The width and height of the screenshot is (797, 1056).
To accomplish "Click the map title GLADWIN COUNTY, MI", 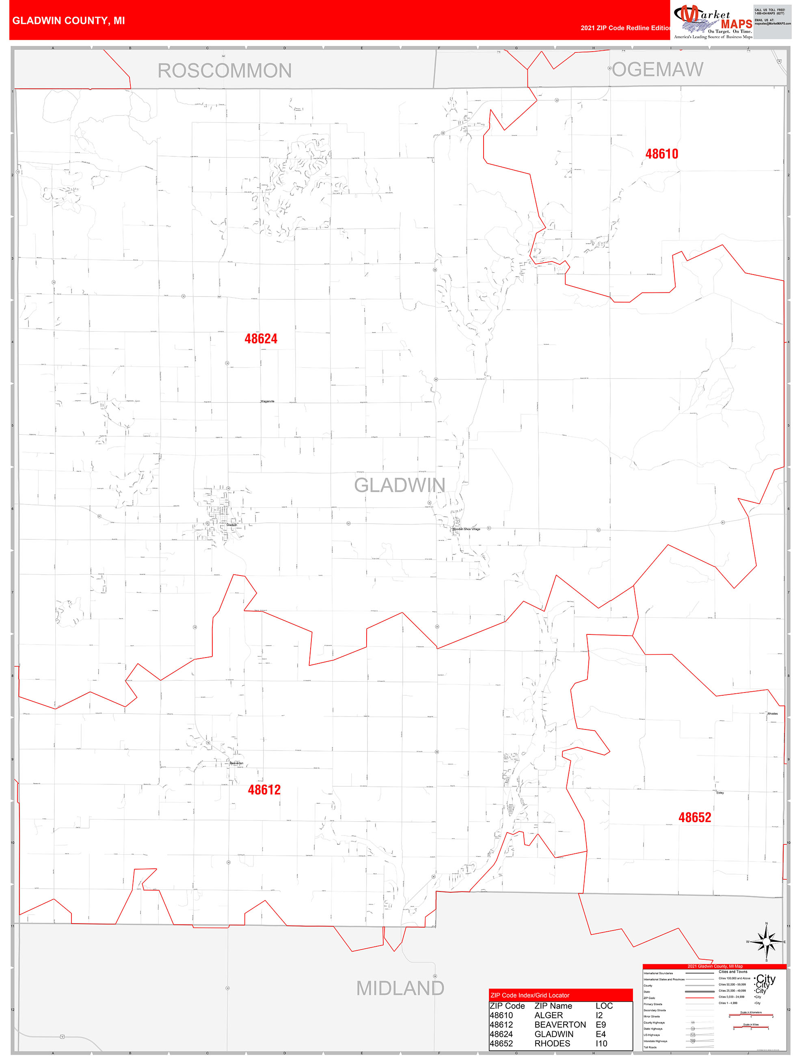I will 68,21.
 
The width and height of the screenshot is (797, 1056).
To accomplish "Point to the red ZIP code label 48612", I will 264,790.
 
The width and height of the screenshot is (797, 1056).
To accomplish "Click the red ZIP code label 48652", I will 694,817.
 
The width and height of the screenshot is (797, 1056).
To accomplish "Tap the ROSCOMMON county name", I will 224,71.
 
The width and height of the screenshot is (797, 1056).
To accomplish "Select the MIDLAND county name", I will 400,988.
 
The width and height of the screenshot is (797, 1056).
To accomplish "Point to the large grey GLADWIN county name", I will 400,485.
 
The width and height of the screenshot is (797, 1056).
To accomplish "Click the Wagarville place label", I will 267,402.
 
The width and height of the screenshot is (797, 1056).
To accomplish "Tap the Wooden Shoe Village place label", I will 466,529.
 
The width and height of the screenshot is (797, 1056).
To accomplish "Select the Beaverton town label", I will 237,763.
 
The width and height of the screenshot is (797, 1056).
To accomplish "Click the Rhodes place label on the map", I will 772,714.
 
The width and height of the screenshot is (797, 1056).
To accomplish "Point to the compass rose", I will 766,942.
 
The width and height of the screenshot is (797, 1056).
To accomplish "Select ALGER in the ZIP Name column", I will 549,1015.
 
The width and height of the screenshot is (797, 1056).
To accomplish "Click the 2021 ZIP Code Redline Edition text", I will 625,28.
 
